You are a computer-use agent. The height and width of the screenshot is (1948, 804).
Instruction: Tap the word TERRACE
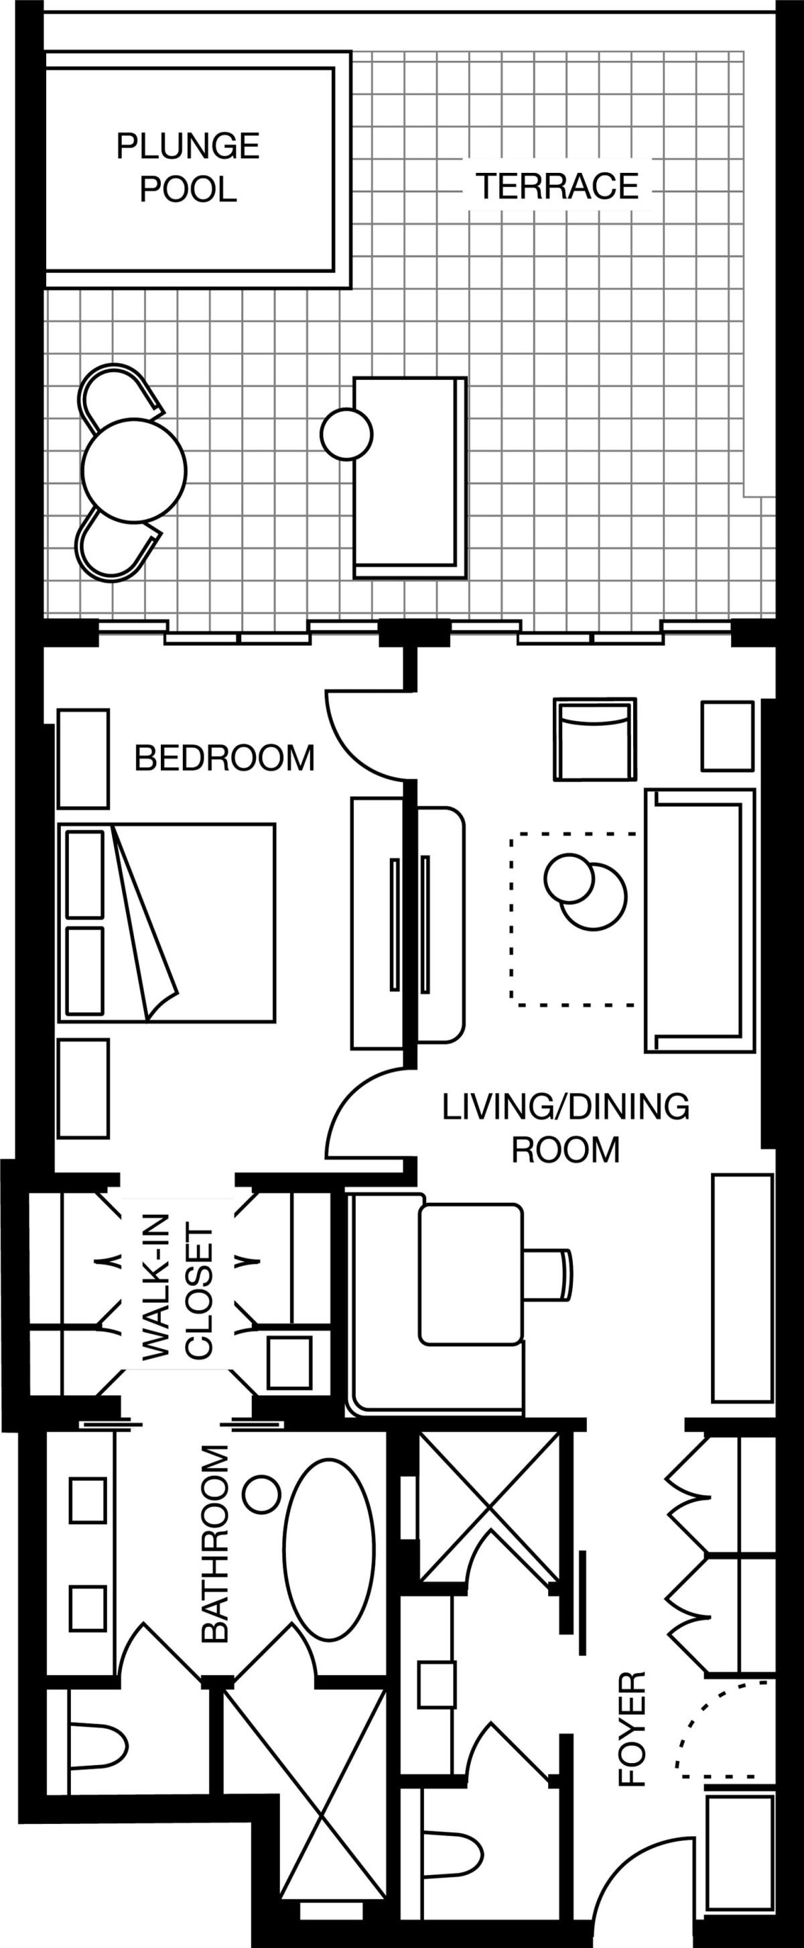557,186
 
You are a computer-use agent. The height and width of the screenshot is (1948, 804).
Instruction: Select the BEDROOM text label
224,758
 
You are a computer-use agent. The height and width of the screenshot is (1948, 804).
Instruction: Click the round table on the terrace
134,470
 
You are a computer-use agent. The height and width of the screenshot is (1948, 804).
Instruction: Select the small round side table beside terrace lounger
346,434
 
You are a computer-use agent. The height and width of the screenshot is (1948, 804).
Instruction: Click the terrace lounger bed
410,478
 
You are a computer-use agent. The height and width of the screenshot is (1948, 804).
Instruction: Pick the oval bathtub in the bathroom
329,1550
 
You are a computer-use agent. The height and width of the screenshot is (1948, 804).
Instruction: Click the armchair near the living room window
594,739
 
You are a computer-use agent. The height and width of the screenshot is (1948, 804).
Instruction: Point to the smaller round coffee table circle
569,878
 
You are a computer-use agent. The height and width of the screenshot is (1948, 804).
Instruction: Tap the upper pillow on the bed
84,874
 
